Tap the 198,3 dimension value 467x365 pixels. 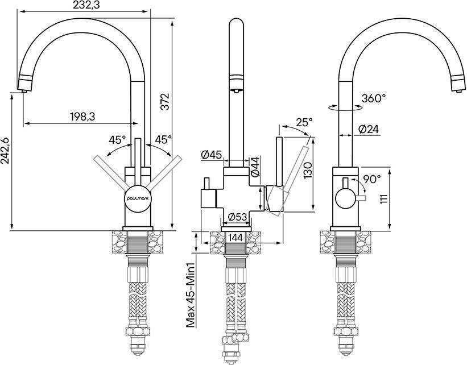[x=82, y=117]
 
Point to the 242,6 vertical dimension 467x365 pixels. [x=5, y=151]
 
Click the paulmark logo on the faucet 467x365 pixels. [x=138, y=198]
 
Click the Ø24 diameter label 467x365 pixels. [x=369, y=129]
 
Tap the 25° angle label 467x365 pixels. [x=305, y=122]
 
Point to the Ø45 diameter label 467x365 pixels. [x=212, y=155]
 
